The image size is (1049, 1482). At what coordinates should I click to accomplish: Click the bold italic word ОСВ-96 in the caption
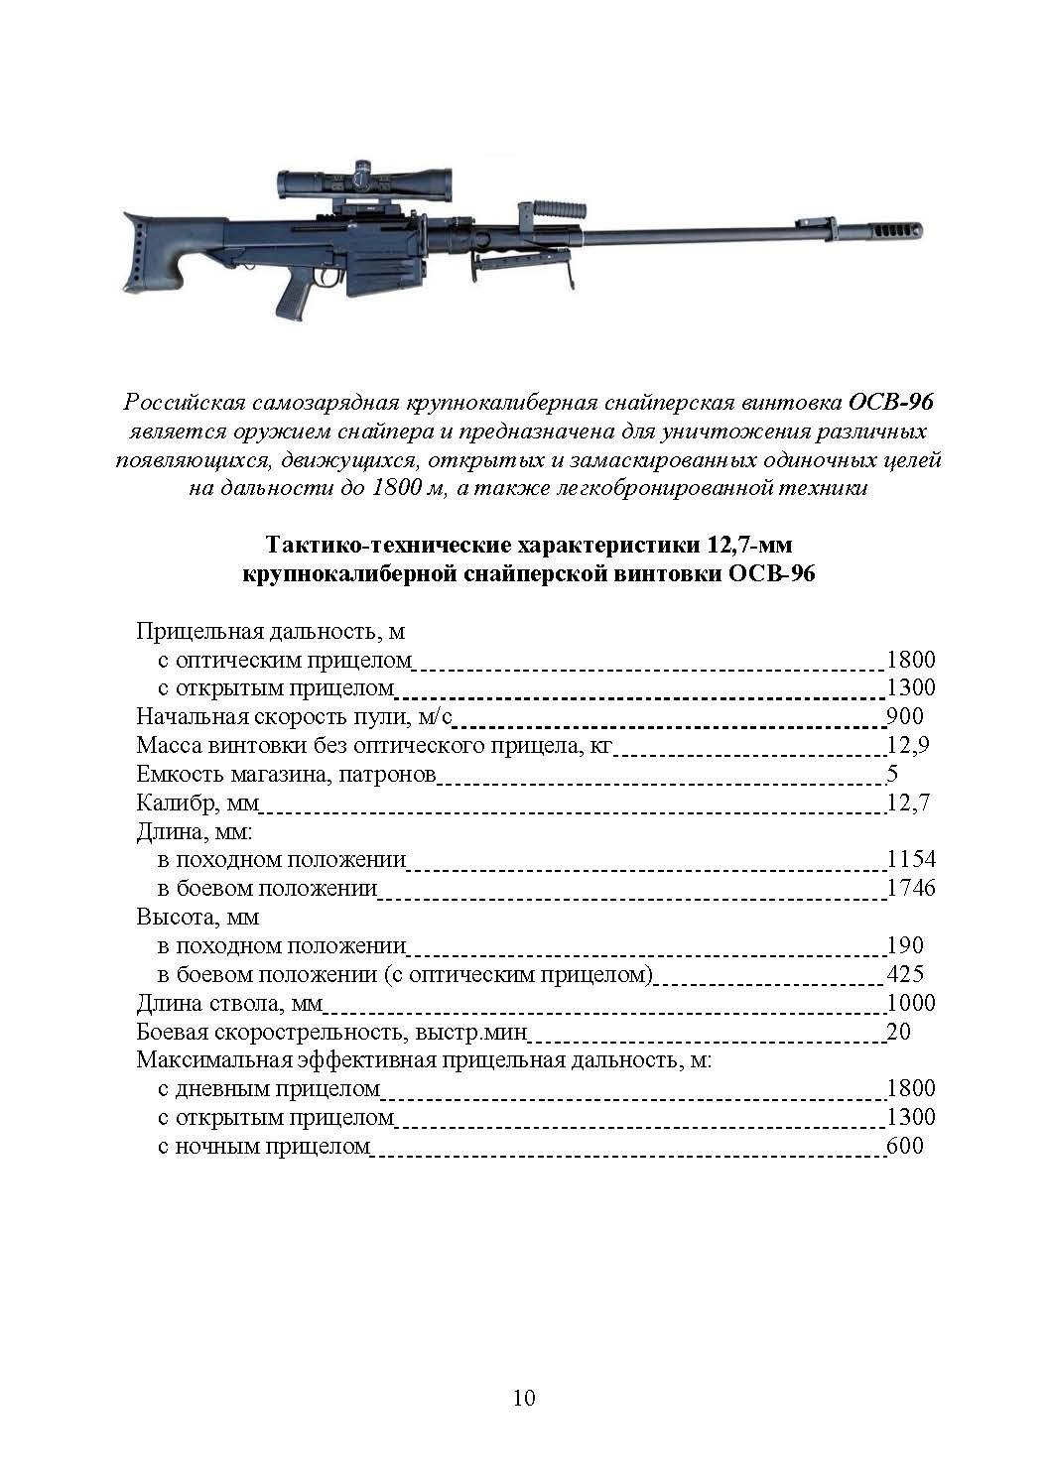click(x=890, y=404)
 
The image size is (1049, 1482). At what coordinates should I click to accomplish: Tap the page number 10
click(x=524, y=1398)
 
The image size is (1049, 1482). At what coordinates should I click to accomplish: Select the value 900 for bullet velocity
click(x=904, y=717)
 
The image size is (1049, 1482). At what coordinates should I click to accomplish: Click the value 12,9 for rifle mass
click(x=907, y=746)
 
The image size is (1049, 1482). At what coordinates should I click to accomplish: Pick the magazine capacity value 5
click(x=891, y=775)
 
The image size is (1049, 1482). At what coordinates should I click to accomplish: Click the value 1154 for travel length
click(x=911, y=860)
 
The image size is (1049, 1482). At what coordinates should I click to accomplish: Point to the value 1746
click(x=911, y=889)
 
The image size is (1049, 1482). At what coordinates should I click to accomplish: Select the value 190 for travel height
click(x=904, y=946)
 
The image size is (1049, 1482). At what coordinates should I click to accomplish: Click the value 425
click(x=904, y=974)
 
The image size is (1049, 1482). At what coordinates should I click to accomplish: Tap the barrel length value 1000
click(x=911, y=1003)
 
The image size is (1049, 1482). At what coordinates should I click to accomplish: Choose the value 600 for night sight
click(x=904, y=1147)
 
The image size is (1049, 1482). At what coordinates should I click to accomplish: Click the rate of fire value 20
click(x=898, y=1032)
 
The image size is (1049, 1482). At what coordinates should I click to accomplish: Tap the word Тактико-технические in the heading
click(x=378, y=546)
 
